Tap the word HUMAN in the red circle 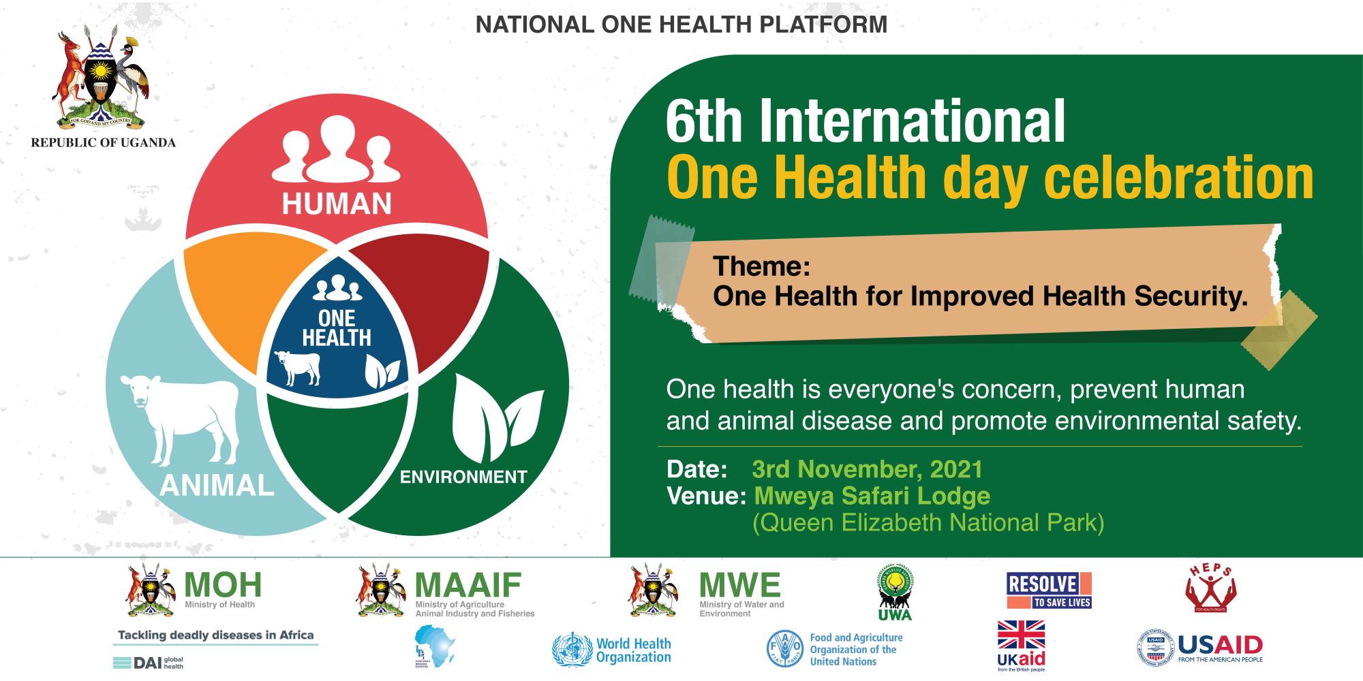pyautogui.click(x=337, y=203)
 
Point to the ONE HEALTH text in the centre pyautogui.click(x=337, y=328)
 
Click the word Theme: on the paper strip pyautogui.click(x=761, y=266)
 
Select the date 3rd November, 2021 pyautogui.click(x=868, y=469)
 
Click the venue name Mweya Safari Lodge pyautogui.click(x=872, y=496)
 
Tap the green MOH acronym pyautogui.click(x=223, y=584)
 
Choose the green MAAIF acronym pyautogui.click(x=468, y=584)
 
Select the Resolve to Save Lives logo pyautogui.click(x=1049, y=590)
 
